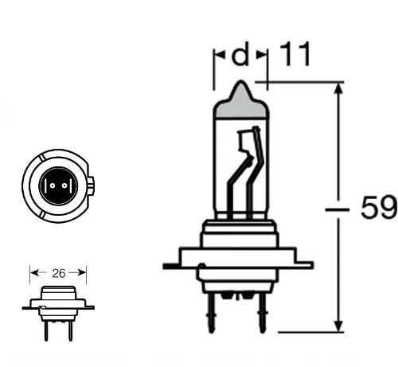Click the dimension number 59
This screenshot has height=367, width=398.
[379, 207]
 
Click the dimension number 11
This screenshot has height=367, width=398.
[295, 54]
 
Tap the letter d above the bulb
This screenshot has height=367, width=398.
[240, 53]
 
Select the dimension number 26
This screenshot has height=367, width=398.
[59, 273]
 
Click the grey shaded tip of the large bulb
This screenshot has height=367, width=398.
[241, 101]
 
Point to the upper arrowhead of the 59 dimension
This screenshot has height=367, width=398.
[338, 88]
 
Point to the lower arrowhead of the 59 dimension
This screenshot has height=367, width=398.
[338, 326]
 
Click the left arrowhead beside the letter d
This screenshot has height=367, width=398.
[220, 55]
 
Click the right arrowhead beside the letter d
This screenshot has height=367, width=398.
[261, 55]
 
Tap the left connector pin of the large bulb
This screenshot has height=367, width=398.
[211, 313]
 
